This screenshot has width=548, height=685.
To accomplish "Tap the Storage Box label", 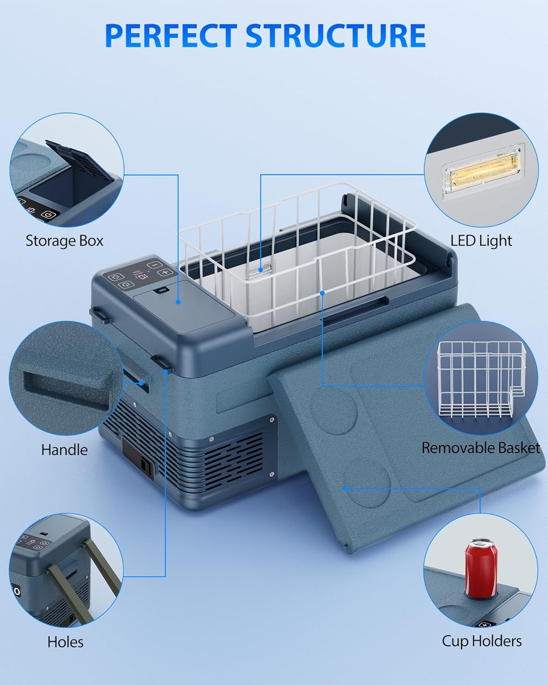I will [64, 241].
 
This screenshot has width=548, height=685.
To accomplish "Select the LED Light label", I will [481, 241].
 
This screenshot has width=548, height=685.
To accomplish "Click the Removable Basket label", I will [480, 448].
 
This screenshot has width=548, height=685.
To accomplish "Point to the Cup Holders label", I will [481, 641].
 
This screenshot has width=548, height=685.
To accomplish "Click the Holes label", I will [65, 642].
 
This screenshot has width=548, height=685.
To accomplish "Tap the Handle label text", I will [64, 449].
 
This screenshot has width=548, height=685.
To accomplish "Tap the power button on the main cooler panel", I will [126, 285].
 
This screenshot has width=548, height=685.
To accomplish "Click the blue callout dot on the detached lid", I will [346, 488].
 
